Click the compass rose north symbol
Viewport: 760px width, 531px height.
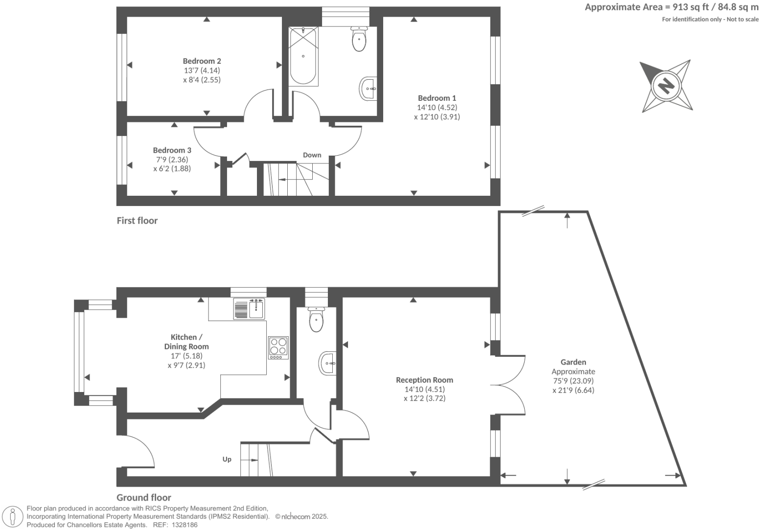(x=666, y=86)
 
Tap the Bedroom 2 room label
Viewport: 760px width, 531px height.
(x=202, y=61)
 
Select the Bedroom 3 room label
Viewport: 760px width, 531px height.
(x=172, y=150)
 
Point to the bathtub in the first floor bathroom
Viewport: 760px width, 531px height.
(x=302, y=56)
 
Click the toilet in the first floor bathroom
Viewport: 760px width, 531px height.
(x=359, y=40)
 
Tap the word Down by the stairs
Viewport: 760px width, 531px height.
(x=312, y=155)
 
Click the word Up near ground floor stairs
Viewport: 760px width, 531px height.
(x=227, y=459)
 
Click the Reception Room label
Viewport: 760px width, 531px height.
(x=424, y=380)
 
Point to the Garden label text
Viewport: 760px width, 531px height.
(x=573, y=362)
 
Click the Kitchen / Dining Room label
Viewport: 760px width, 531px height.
(x=186, y=342)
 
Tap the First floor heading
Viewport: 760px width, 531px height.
(x=137, y=221)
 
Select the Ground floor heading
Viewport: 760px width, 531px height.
(x=144, y=498)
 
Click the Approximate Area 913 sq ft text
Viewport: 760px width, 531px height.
(x=671, y=7)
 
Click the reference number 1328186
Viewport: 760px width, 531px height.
(x=183, y=525)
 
